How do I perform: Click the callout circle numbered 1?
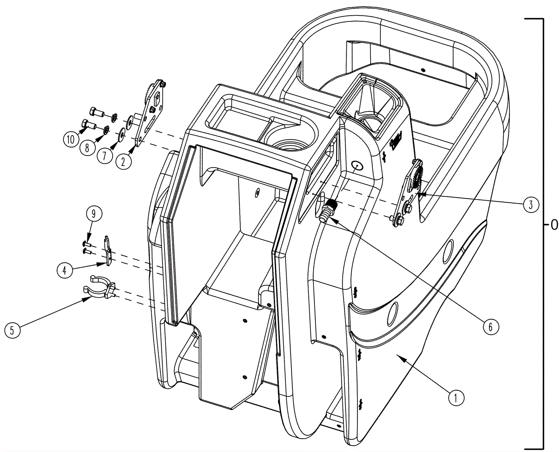click(x=455, y=398)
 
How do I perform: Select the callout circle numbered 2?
click(x=124, y=162)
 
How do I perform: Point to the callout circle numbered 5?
click(x=12, y=330)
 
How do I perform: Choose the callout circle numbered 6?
click(x=491, y=327)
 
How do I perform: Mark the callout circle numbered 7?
click(x=104, y=156)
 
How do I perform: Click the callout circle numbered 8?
click(x=87, y=148)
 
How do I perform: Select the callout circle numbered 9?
click(x=94, y=214)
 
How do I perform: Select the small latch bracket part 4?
click(x=108, y=250)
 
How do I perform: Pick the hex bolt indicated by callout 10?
click(x=89, y=124)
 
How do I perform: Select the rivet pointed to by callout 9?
click(x=87, y=244)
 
